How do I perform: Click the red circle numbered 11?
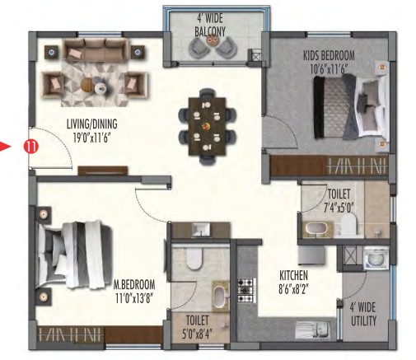[x=30, y=147]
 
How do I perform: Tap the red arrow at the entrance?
[x=5, y=146]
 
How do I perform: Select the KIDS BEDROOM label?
[x=329, y=56]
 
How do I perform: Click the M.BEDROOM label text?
[x=134, y=284]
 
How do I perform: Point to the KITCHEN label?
[x=293, y=275]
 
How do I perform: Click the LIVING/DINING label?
[x=92, y=124]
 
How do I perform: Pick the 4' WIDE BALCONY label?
[x=210, y=26]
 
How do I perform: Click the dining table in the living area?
[x=208, y=126]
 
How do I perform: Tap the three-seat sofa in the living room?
[x=96, y=49]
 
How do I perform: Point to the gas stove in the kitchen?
[x=246, y=290]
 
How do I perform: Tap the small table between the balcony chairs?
[x=211, y=41]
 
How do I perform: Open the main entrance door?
[x=51, y=148]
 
